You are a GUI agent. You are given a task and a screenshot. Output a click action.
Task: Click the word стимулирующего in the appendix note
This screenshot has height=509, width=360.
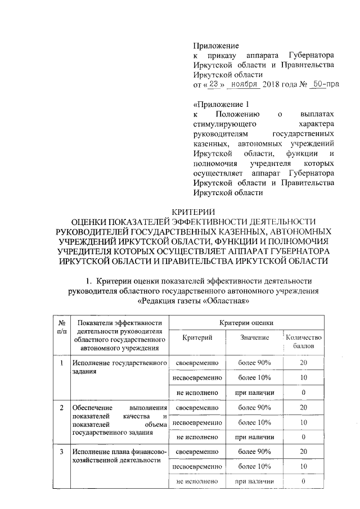pos(224,123)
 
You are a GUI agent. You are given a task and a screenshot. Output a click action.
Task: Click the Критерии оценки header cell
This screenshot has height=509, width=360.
pos(247,322)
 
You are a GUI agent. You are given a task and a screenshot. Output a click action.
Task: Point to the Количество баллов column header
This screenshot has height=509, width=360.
pos(303,341)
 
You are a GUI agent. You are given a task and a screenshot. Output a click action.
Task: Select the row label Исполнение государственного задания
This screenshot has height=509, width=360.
pos(119,367)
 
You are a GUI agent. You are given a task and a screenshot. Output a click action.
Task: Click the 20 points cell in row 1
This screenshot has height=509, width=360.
pos(303,363)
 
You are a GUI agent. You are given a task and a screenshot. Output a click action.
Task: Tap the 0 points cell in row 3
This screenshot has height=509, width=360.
pos(303,481)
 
